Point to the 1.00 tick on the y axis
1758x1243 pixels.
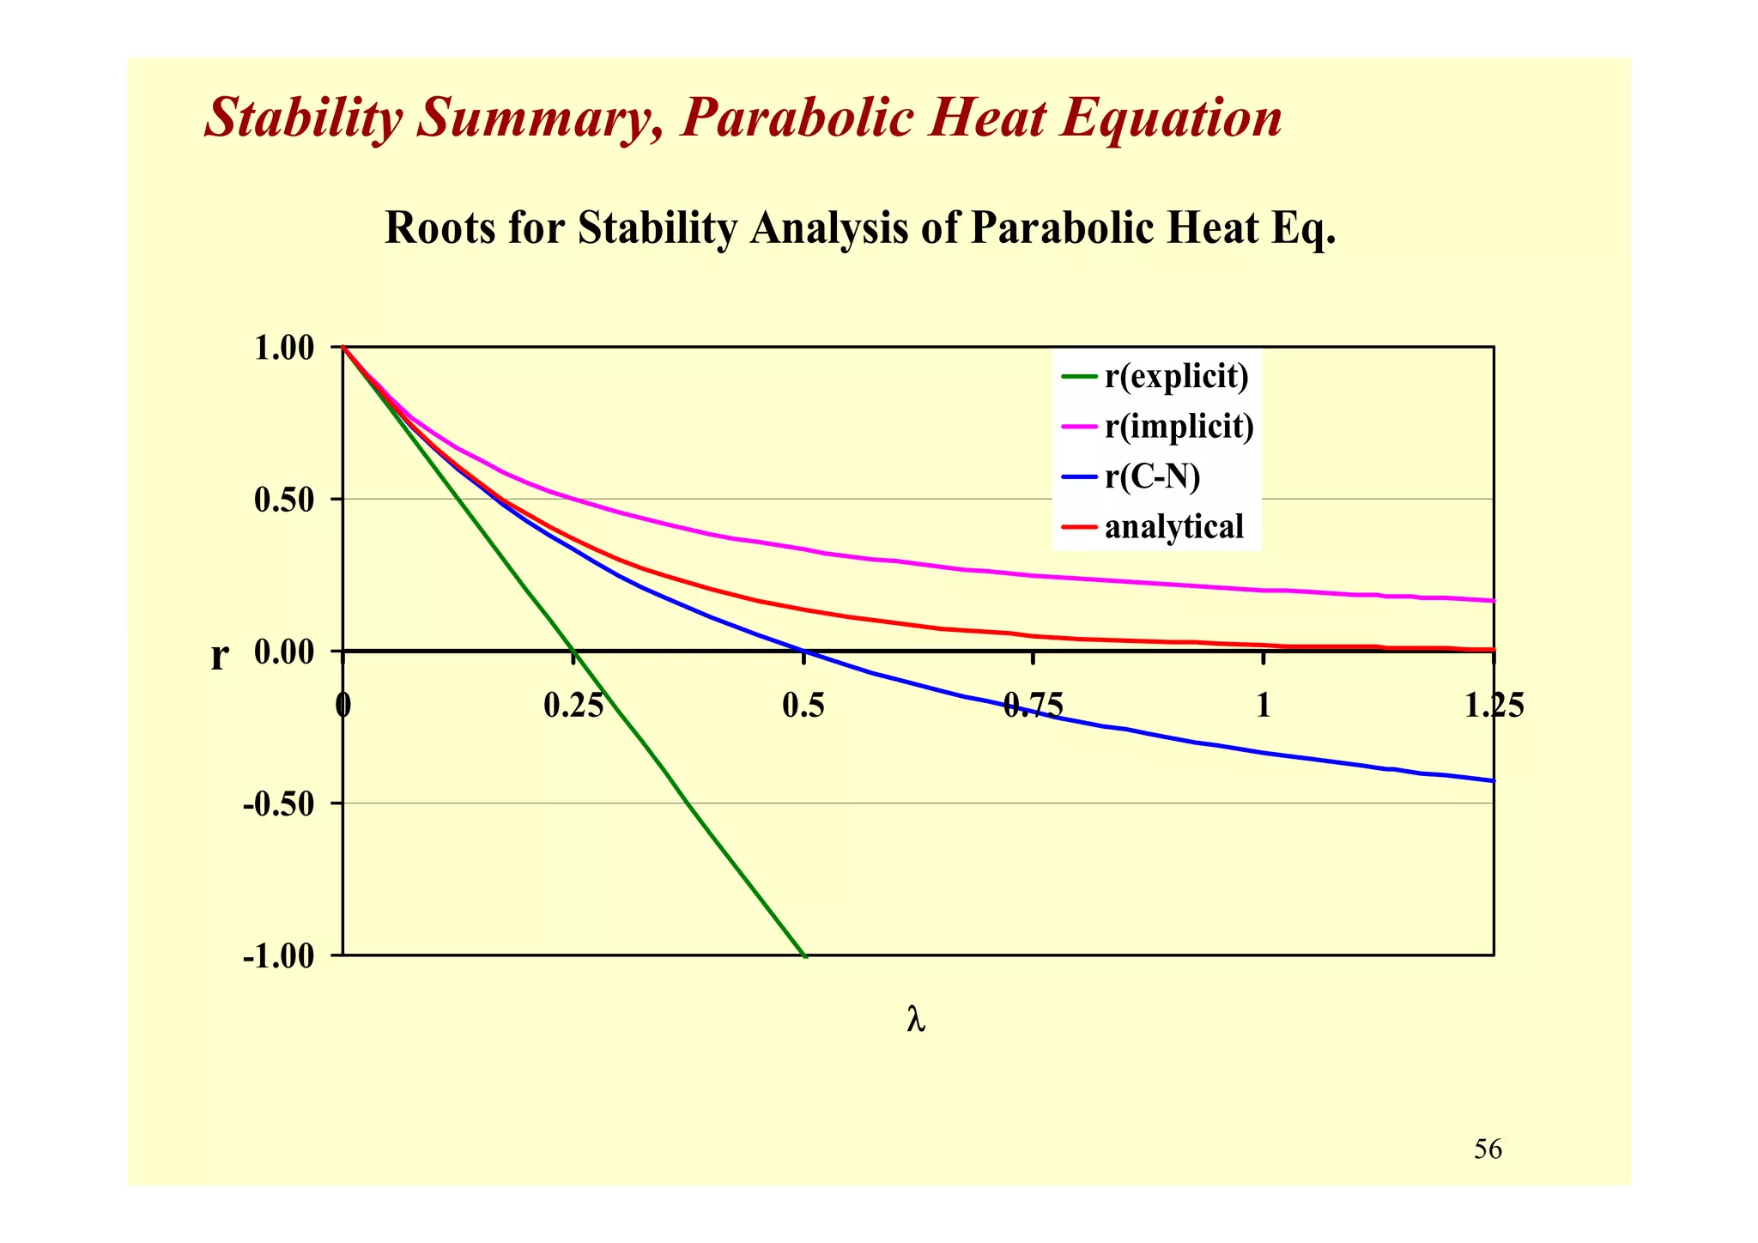pos(286,349)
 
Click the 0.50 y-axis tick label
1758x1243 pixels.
pos(286,500)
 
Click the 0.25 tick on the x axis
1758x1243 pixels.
pos(573,706)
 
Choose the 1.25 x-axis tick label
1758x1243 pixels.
pos(1494,706)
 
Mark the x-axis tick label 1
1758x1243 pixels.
pos(1263,706)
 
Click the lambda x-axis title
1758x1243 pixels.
pos(916,1020)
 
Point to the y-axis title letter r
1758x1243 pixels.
pos(220,658)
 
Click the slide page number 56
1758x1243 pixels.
pos(1488,1149)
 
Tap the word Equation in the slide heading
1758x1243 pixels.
pos(1171,118)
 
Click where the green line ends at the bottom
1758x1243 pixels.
pos(804,955)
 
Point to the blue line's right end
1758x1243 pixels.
pos(1494,780)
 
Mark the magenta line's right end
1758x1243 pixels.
pos(1494,600)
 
